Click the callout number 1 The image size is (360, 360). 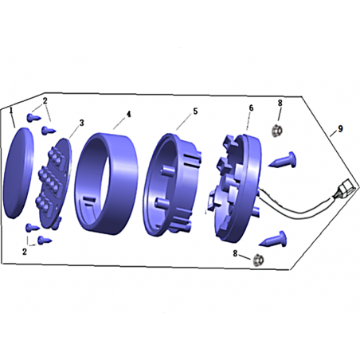pyautogui.click(x=11, y=110)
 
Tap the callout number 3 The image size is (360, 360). pyautogui.click(x=82, y=123)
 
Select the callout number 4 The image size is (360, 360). pyautogui.click(x=129, y=114)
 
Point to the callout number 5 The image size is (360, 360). pyautogui.click(x=195, y=112)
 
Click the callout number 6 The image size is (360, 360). pyautogui.click(x=251, y=108)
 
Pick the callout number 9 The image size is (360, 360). pyautogui.click(x=340, y=129)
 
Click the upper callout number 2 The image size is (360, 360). pyautogui.click(x=45, y=101)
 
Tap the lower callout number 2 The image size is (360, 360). pyautogui.click(x=25, y=252)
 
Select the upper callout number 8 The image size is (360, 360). pyautogui.click(x=280, y=103)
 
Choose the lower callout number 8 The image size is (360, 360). pyautogui.click(x=235, y=253)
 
